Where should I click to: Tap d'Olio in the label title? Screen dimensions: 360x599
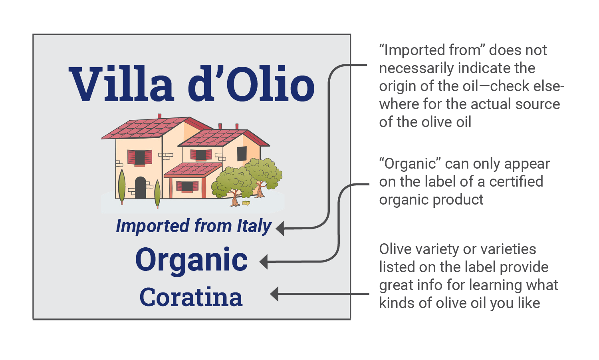point(251,84)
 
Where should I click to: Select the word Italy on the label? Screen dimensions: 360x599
point(254,226)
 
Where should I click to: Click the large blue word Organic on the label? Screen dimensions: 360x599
point(191,260)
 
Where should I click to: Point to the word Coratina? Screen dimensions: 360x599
point(191,297)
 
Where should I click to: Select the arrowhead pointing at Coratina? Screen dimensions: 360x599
point(274,294)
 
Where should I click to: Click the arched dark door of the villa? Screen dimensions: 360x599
point(140,188)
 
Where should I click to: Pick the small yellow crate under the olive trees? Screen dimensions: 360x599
point(246,203)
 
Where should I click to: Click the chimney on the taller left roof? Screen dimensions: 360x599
point(160,116)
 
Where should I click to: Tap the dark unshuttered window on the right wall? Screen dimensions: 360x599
point(242,153)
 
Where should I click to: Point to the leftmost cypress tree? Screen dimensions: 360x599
point(122,186)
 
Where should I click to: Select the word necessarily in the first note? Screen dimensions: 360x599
point(416,68)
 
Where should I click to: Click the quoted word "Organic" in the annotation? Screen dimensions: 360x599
point(410,164)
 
